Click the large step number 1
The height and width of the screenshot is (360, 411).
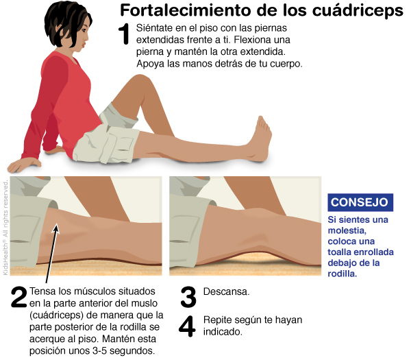[x=124, y=34]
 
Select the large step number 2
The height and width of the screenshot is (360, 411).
[x=19, y=297]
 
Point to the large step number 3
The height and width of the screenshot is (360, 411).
[x=188, y=297]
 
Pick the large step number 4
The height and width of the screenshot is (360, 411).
[x=187, y=326]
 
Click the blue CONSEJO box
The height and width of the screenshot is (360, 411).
[x=360, y=202]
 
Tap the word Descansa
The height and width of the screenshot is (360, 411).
[x=226, y=291]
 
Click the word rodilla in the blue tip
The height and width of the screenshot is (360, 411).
[x=342, y=274]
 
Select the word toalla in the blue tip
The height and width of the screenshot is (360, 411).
[x=340, y=252]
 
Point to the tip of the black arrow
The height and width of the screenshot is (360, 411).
[x=56, y=224]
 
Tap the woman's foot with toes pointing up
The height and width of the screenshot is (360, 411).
[x=259, y=139]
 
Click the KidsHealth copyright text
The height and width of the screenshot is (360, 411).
[x=5, y=228]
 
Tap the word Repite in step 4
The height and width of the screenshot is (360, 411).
[x=217, y=320]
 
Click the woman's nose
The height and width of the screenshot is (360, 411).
[x=87, y=38]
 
